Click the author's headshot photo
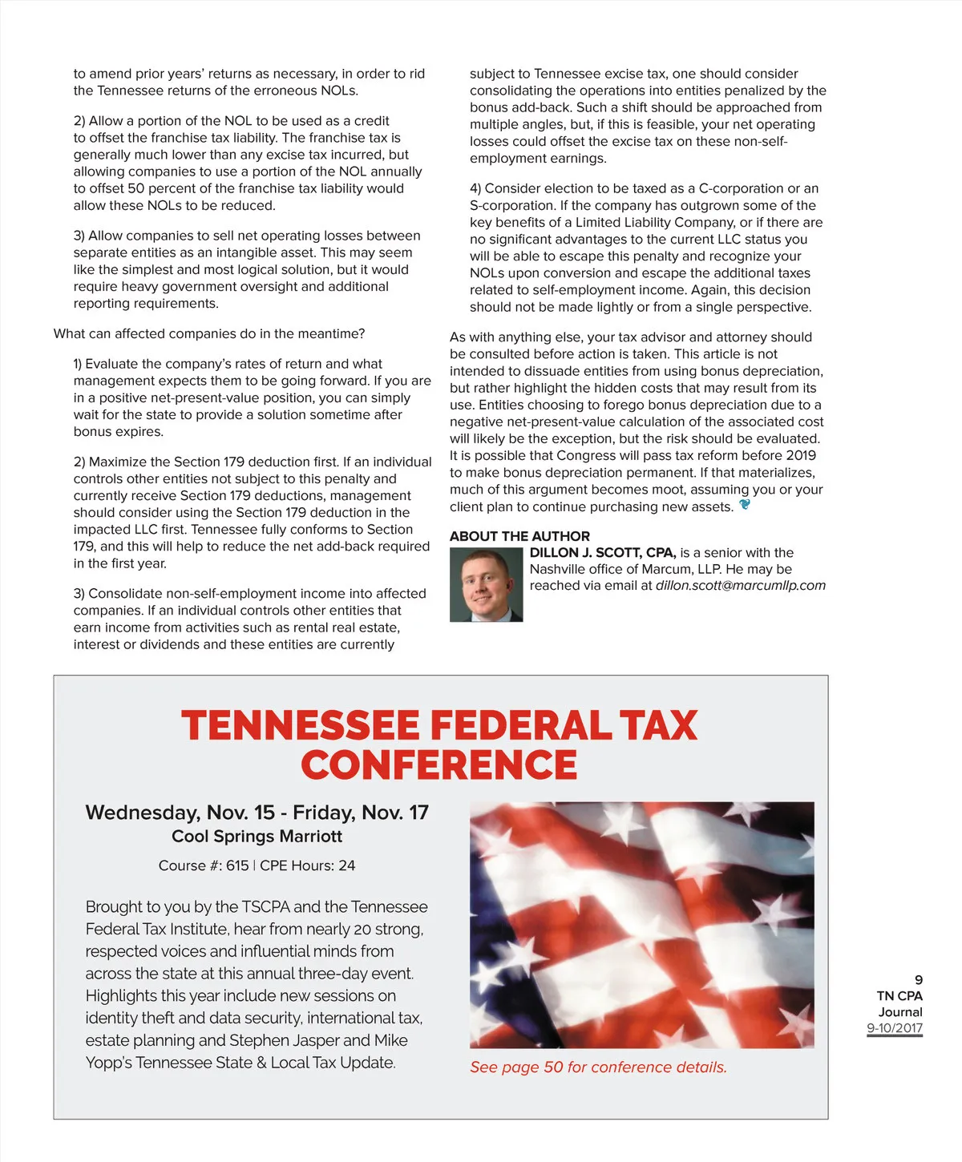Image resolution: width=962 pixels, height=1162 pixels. pos(486,584)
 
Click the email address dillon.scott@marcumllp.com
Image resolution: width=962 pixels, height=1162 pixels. pos(740,586)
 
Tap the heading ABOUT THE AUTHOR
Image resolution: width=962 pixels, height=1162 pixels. pos(519,536)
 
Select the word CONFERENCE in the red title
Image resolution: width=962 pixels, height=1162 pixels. pos(439,765)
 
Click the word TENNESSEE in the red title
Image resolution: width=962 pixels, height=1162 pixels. pos(300,725)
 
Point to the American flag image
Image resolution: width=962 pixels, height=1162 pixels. pos(641,924)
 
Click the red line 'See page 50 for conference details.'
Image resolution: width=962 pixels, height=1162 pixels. pos(598,1067)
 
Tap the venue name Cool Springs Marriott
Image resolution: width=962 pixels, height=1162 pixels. pos(257,837)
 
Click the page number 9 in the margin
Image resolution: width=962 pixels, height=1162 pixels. pos(918,980)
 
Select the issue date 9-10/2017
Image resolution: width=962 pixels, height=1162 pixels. pos(895,1028)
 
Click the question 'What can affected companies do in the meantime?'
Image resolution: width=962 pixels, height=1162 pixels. pos(209,333)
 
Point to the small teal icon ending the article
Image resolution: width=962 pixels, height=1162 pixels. pos(745,505)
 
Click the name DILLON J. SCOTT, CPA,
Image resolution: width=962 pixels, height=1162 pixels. pos(603,553)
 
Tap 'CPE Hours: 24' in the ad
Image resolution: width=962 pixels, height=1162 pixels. pos(307,865)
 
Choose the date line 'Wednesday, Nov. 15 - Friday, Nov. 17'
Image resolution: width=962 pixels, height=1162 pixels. pos(257,813)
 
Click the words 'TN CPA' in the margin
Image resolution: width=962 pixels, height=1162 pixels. pos(899,996)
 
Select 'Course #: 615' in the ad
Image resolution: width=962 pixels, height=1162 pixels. pos(204,865)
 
